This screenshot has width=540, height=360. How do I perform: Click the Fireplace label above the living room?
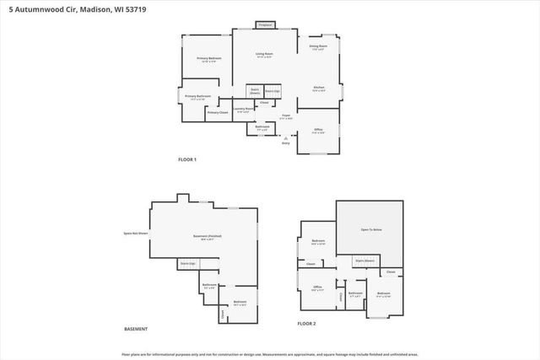tap(265, 25)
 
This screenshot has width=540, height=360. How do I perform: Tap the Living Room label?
tap(265, 54)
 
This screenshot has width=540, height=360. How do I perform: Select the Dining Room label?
tap(318, 46)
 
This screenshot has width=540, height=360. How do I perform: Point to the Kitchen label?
tap(319, 87)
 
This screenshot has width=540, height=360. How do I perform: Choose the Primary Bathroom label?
tap(197, 97)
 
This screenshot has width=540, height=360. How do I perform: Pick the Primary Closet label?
tap(218, 112)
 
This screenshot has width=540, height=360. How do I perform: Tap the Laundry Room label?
tap(241, 108)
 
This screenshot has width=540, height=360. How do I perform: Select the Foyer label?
tap(286, 115)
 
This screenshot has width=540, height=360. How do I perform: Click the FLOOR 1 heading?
tap(186, 159)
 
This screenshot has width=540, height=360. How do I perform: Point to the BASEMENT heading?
tap(137, 329)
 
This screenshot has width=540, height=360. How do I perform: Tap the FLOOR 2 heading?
tap(305, 324)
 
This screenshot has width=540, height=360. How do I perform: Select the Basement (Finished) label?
tap(208, 236)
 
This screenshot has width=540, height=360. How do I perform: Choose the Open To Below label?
tap(371, 229)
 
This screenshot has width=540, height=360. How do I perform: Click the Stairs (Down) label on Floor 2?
tap(364, 261)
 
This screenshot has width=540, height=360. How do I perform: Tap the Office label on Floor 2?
tap(318, 287)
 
